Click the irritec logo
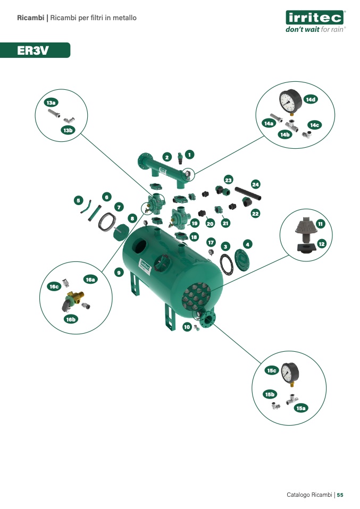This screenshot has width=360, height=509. pyautogui.click(x=315, y=21)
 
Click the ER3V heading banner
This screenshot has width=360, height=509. pyautogui.click(x=35, y=50)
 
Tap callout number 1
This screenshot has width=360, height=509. pyautogui.click(x=189, y=155)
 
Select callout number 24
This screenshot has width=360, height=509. pyautogui.click(x=256, y=184)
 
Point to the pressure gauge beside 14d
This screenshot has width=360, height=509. pyautogui.click(x=290, y=102)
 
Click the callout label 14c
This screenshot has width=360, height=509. pyautogui.click(x=314, y=125)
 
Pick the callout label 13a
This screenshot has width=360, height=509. pyautogui.click(x=51, y=103)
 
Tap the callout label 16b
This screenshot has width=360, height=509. pyautogui.click(x=71, y=319)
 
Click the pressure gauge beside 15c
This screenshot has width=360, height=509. pyautogui.click(x=290, y=374)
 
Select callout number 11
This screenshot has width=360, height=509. pyautogui.click(x=321, y=224)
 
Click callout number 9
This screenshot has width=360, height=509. pyautogui.click(x=119, y=273)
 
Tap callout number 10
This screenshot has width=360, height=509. pyautogui.click(x=187, y=327)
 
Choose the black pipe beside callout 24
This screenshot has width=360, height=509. pyautogui.click(x=248, y=193)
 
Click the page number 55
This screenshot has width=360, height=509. pyautogui.click(x=340, y=495)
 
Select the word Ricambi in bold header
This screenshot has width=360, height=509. pyautogui.click(x=30, y=18)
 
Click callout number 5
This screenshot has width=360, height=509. pyautogui.click(x=78, y=200)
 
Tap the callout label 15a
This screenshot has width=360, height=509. pyautogui.click(x=301, y=408)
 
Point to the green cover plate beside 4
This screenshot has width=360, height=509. pyautogui.click(x=242, y=260)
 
